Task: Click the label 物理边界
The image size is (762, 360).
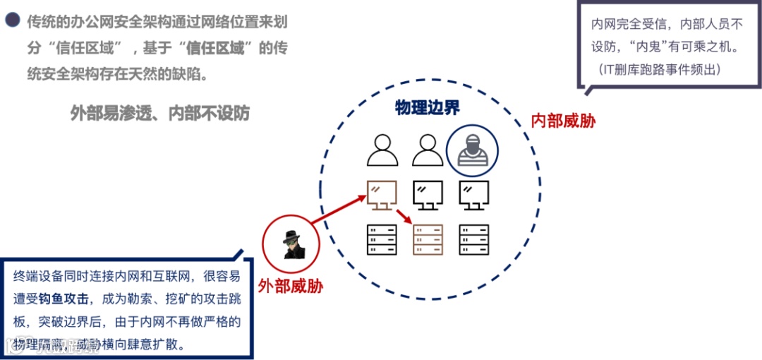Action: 428,107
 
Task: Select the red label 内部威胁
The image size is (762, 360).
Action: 563,121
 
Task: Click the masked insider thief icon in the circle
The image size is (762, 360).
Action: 472,150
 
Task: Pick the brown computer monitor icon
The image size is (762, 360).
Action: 382,195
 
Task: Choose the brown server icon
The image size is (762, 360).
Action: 428,239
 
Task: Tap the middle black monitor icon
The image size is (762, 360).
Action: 428,195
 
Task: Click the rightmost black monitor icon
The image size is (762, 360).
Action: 473,195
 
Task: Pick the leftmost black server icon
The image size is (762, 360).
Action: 382,239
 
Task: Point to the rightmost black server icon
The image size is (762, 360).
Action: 473,239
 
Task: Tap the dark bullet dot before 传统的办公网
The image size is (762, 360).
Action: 12,21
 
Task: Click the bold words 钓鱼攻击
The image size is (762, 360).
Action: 78,298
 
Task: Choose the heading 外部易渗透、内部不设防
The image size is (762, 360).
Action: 160,113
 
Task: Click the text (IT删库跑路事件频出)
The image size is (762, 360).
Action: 660,69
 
